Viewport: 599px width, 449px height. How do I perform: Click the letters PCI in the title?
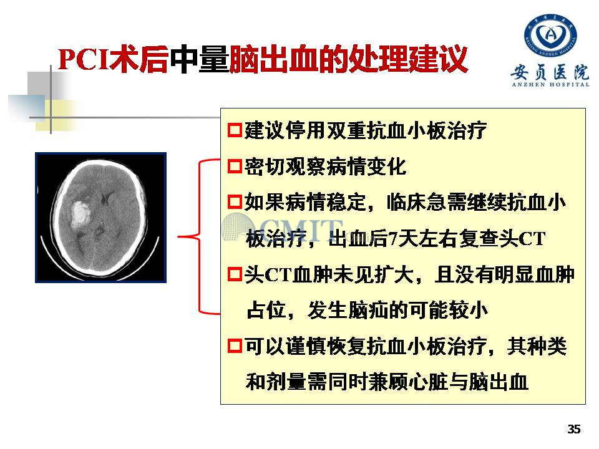(83, 59)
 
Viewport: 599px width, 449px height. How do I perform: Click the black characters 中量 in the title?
(199, 59)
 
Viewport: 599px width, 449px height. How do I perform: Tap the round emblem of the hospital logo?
(550, 35)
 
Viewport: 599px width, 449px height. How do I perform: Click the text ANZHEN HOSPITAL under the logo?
(550, 85)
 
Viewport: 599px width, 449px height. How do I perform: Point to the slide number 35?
(574, 429)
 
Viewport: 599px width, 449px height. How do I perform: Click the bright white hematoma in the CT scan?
(80, 213)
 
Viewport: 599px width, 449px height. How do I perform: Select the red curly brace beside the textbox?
(198, 237)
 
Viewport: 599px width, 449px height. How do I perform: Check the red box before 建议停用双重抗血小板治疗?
(235, 130)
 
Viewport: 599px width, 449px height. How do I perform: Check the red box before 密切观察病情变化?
(235, 167)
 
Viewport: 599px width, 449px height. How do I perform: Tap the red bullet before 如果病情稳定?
(235, 202)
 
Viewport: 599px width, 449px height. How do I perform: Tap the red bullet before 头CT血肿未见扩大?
(235, 274)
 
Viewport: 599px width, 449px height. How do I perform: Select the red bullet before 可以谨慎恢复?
(235, 346)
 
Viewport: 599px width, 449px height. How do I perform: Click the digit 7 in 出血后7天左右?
(392, 239)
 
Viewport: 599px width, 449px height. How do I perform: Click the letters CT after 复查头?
(532, 239)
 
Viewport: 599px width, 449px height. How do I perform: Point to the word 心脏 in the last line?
(429, 382)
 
